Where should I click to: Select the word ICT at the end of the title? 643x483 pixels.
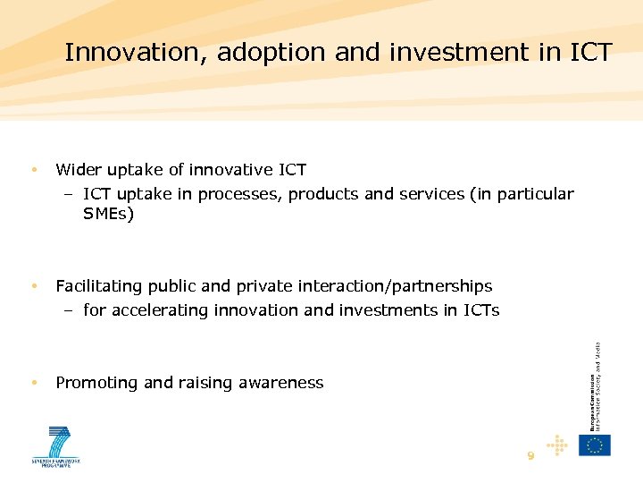(x=589, y=53)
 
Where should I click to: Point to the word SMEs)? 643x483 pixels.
(x=108, y=215)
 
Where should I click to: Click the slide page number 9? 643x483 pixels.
(x=530, y=455)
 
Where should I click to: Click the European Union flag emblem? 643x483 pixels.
(x=594, y=445)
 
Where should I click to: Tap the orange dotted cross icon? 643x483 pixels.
(x=557, y=445)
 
